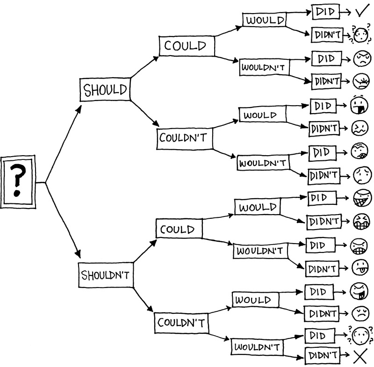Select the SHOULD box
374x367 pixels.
105,89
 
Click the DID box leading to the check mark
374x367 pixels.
325,12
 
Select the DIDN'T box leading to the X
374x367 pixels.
322,356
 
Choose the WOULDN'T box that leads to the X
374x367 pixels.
257,347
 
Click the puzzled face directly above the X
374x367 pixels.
359,335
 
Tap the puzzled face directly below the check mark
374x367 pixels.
360,34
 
